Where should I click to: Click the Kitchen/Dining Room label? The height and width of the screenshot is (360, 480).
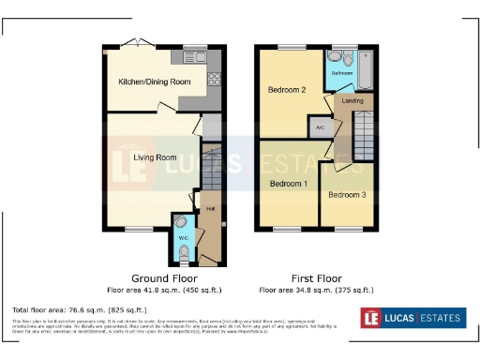point(154,82)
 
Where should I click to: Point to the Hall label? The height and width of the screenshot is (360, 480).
point(210,209)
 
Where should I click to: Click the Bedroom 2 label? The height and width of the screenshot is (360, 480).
point(288,90)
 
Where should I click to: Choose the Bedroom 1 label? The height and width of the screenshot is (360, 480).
point(288,184)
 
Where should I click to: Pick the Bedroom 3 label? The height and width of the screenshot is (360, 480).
point(347,195)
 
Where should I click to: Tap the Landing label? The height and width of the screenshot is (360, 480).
point(352,99)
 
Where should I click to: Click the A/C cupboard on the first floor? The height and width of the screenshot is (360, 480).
point(320,126)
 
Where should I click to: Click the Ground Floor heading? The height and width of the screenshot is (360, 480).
point(163,278)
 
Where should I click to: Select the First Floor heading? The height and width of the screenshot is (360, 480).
point(316,278)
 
